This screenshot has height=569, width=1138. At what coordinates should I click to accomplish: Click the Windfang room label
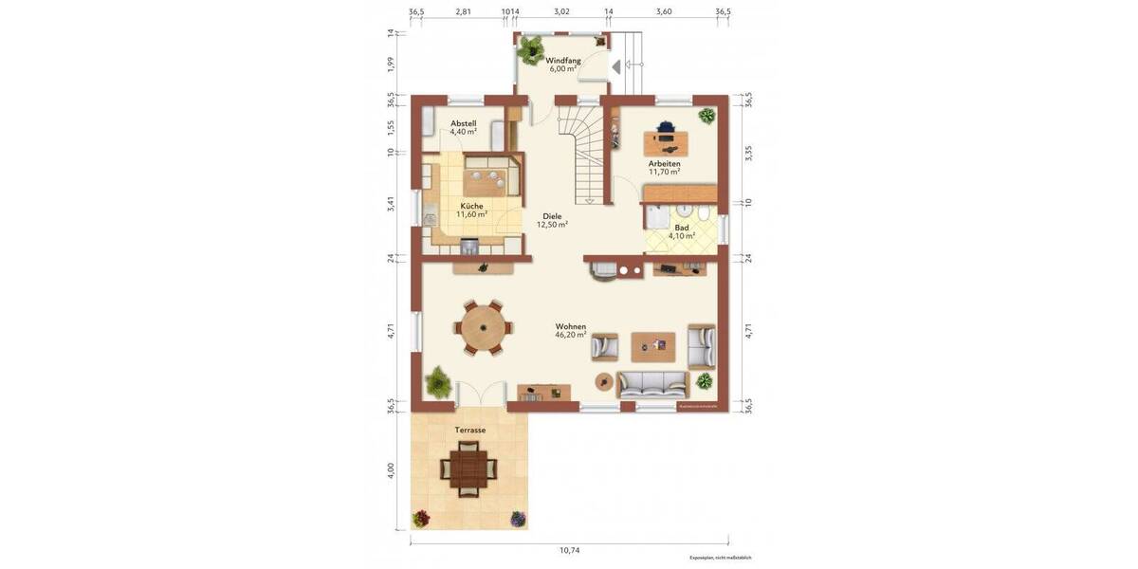pyautogui.click(x=563, y=61)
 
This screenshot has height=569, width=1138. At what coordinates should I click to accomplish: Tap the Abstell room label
pyautogui.click(x=464, y=123)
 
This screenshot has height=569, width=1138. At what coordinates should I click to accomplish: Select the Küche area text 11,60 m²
pyautogui.click(x=471, y=214)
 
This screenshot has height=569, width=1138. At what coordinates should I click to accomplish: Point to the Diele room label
pyautogui.click(x=552, y=216)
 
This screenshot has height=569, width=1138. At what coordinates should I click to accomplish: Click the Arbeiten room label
pyautogui.click(x=664, y=163)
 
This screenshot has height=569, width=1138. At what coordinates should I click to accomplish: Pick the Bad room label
pyautogui.click(x=682, y=228)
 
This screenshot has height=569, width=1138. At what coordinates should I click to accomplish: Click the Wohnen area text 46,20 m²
pyautogui.click(x=571, y=335)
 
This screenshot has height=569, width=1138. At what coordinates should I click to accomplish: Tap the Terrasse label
pyautogui.click(x=469, y=430)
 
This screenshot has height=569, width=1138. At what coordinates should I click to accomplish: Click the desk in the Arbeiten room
pyautogui.click(x=667, y=142)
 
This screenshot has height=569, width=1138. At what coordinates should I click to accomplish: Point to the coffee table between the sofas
pyautogui.click(x=653, y=346)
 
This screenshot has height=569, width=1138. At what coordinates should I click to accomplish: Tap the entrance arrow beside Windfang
pyautogui.click(x=616, y=66)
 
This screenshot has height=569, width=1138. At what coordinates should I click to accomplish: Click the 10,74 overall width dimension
pyautogui.click(x=569, y=550)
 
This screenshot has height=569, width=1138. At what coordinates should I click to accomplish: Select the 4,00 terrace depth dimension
pyautogui.click(x=391, y=470)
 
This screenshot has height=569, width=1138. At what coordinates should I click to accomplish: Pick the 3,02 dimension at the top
pyautogui.click(x=561, y=11)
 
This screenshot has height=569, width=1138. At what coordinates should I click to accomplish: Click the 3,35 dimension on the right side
pyautogui.click(x=748, y=155)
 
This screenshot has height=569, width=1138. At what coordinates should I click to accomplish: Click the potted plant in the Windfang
pyautogui.click(x=531, y=47)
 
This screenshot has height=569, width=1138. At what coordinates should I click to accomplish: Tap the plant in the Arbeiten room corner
pyautogui.click(x=707, y=116)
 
